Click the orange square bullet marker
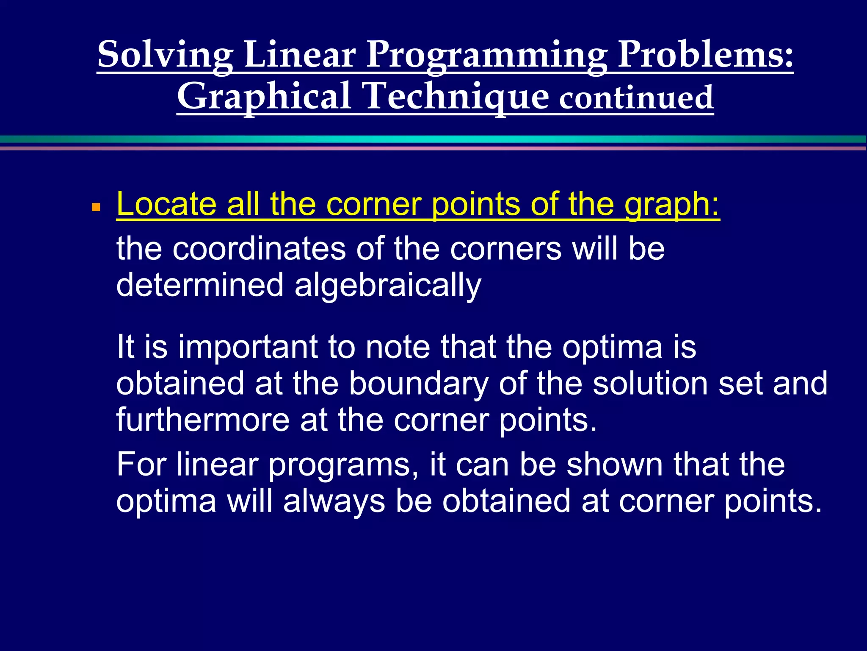tap(96, 207)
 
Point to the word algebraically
tap(387, 286)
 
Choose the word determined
tap(199, 285)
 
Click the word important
tap(248, 347)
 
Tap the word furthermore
tap(203, 420)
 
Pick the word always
tap(334, 501)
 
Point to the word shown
tap(615, 465)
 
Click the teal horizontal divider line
tap(433, 139)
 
